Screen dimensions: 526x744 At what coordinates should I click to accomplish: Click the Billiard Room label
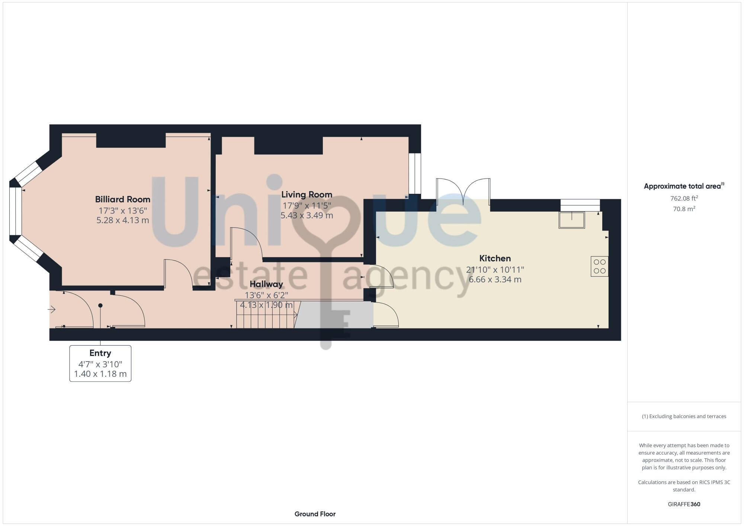(x=122, y=199)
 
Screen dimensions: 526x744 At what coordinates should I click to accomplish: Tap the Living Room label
(x=307, y=195)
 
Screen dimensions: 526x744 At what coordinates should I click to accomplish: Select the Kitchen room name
(x=495, y=258)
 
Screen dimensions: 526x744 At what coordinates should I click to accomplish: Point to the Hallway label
(x=266, y=284)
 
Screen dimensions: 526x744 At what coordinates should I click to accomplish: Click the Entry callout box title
(x=100, y=353)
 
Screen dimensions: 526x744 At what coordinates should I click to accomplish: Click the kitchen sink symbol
(x=572, y=220)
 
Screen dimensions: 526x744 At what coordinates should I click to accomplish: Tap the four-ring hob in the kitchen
(x=599, y=266)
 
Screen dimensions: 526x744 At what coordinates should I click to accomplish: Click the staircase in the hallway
(x=265, y=315)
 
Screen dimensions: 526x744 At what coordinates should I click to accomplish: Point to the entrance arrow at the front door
(x=52, y=309)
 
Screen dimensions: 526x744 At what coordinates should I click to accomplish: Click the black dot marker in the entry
(x=100, y=305)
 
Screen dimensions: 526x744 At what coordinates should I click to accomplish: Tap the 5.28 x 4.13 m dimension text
(x=122, y=220)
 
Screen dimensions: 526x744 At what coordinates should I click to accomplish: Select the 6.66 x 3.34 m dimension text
(x=495, y=279)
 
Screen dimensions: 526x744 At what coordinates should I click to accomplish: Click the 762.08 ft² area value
(x=684, y=198)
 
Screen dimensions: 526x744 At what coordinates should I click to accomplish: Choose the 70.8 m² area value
(x=684, y=209)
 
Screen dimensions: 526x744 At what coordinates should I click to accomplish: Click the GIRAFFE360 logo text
(x=684, y=504)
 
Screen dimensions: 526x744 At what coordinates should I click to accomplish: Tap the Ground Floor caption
(x=315, y=514)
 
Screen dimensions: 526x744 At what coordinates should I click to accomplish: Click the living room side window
(x=414, y=173)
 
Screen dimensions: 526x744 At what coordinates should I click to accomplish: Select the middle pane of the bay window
(x=15, y=211)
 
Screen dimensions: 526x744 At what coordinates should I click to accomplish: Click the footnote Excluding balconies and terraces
(x=684, y=416)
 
